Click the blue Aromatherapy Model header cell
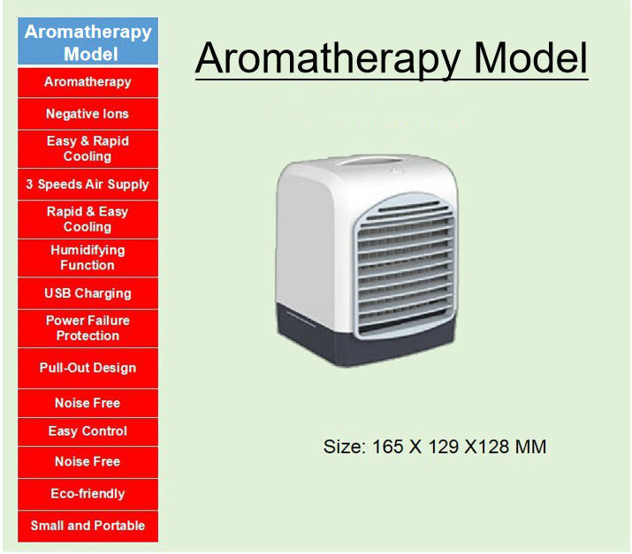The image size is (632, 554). (x=88, y=42)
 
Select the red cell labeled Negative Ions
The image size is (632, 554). (x=88, y=114)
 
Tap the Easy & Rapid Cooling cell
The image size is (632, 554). (x=88, y=148)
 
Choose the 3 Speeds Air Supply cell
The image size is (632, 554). (x=88, y=184)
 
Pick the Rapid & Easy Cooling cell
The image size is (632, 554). (x=88, y=219)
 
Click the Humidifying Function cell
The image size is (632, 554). (x=88, y=258)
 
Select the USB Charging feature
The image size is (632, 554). (x=88, y=293)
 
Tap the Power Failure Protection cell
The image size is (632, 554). (x=88, y=329)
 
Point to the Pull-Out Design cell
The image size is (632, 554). (x=88, y=368)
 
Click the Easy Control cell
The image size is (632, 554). (x=88, y=431)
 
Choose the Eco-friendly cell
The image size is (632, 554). (x=88, y=494)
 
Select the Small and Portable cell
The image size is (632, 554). (x=88, y=527)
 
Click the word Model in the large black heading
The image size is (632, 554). (x=530, y=58)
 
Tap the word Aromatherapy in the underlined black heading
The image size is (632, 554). (x=328, y=59)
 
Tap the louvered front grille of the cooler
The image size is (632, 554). (x=405, y=266)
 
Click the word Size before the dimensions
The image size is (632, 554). (x=345, y=447)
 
